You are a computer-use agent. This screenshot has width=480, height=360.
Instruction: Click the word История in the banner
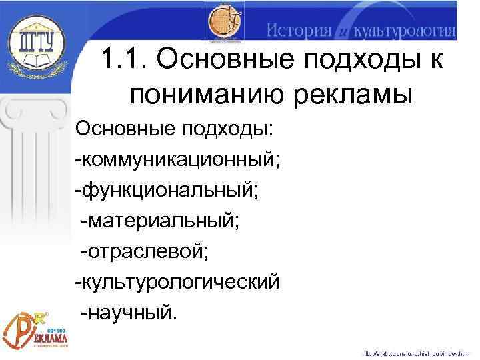click(299, 31)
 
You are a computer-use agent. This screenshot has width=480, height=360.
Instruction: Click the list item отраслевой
click(145, 251)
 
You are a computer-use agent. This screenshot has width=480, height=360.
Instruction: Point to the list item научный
click(129, 313)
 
